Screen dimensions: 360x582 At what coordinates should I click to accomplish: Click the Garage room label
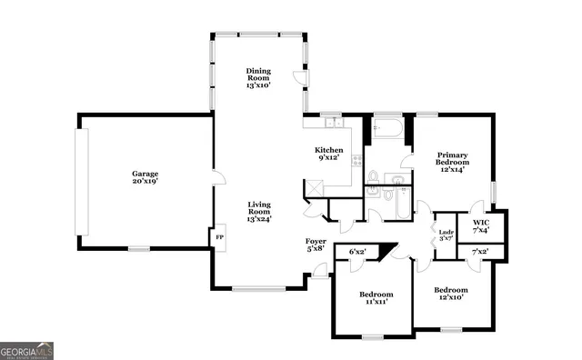[x=145, y=177]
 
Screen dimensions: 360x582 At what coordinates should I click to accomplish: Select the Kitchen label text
[x=328, y=154]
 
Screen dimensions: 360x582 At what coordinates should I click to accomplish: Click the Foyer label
[x=316, y=244]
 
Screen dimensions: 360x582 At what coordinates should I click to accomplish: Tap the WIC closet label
[x=481, y=226]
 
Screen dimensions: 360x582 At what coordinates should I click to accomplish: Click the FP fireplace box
[x=219, y=238]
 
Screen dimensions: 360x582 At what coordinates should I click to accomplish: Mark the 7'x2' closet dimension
[x=480, y=251]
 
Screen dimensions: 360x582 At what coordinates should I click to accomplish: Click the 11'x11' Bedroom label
[x=376, y=298]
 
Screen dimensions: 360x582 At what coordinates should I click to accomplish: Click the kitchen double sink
[x=334, y=123]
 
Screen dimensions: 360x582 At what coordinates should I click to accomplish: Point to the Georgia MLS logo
[x=27, y=349]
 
